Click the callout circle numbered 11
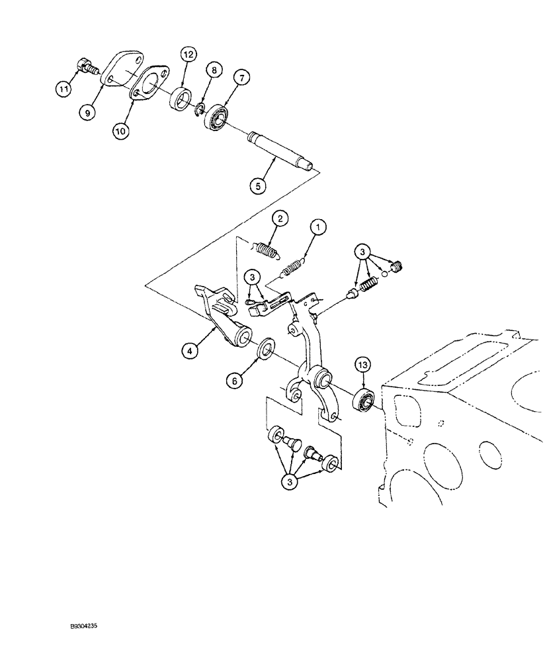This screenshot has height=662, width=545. click(64, 87)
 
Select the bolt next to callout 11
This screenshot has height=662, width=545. click(85, 66)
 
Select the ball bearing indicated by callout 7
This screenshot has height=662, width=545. click(216, 117)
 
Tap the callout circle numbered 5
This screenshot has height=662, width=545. click(261, 187)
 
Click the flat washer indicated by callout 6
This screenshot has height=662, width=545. click(267, 348)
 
